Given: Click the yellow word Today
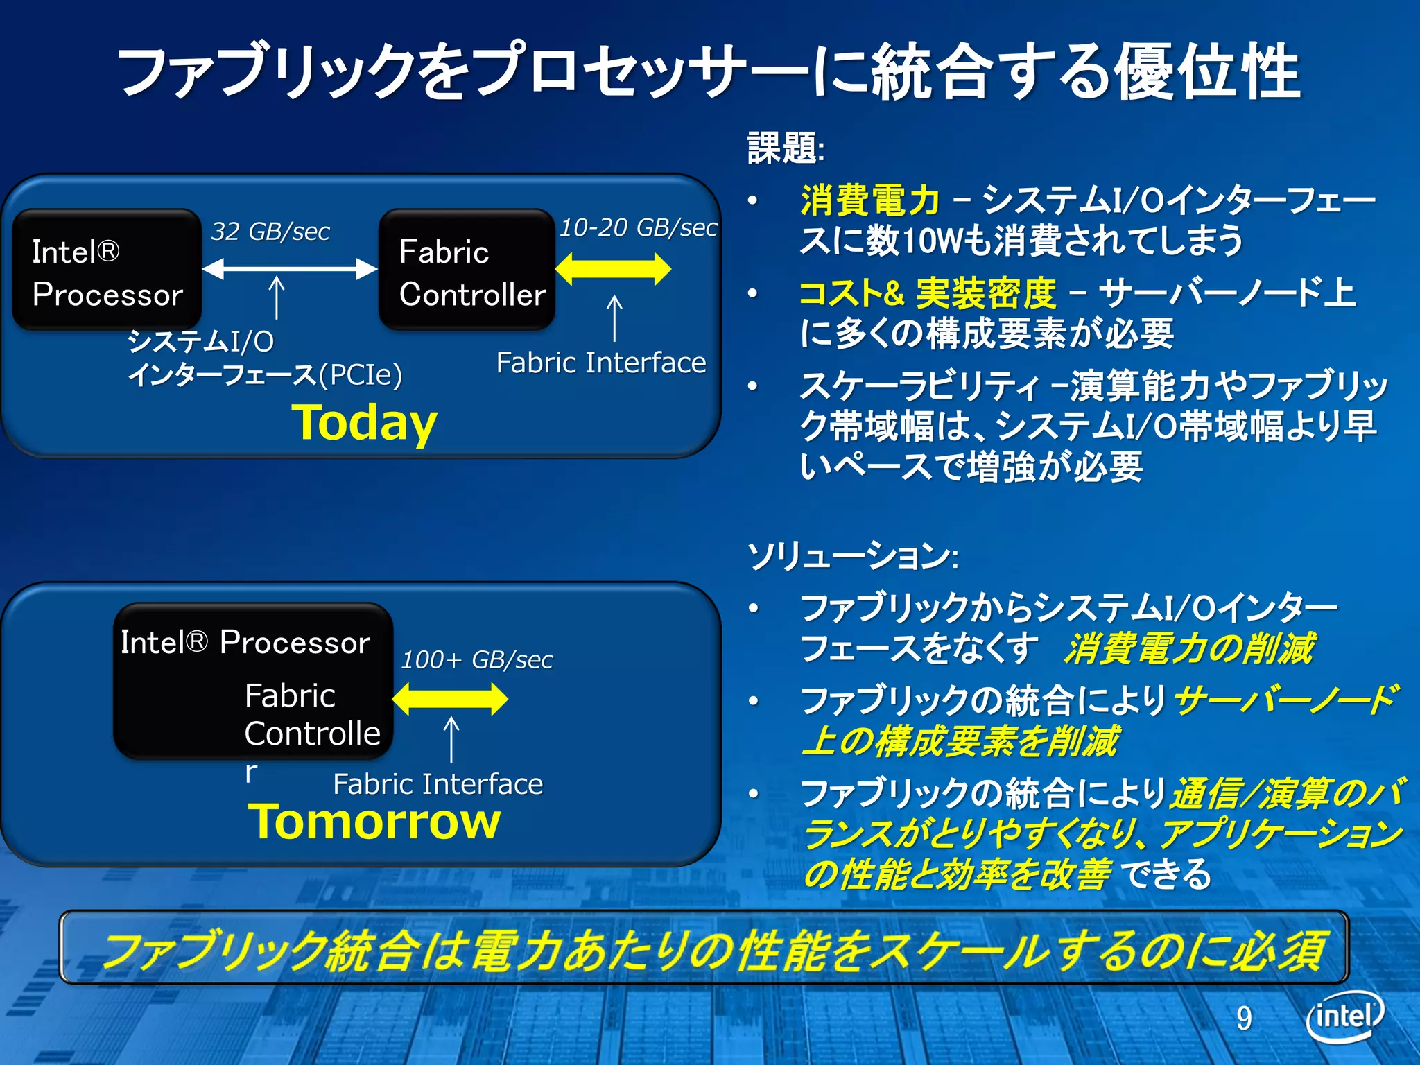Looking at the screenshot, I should (x=364, y=422).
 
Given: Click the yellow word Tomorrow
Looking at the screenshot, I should (x=374, y=822).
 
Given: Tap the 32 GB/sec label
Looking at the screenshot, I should (x=270, y=232).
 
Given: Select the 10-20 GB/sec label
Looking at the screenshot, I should (x=638, y=227).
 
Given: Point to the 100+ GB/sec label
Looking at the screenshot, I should (x=477, y=660).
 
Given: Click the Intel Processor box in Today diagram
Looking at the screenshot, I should (x=107, y=270).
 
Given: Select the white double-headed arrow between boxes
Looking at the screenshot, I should (x=290, y=268).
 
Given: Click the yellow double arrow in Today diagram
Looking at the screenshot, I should (x=613, y=269).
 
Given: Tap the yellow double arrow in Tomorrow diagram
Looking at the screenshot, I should (x=450, y=699).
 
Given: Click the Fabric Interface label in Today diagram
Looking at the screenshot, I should (x=600, y=363).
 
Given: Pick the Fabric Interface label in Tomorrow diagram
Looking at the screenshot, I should (x=438, y=784).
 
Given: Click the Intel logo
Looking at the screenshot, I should (x=1344, y=1016).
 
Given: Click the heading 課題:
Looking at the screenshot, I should (x=786, y=148).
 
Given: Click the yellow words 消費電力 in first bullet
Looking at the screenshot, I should (x=869, y=200).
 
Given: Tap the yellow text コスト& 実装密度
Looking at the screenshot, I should (x=927, y=293).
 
